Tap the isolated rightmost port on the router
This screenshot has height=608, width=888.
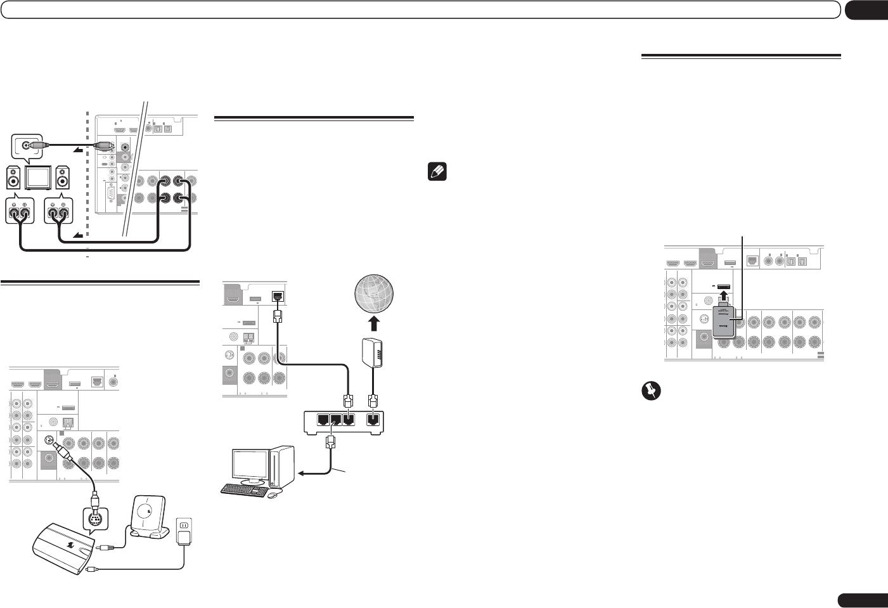[x=374, y=419]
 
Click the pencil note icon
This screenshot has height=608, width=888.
[x=438, y=172]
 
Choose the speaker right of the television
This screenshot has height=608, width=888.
[x=62, y=178]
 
